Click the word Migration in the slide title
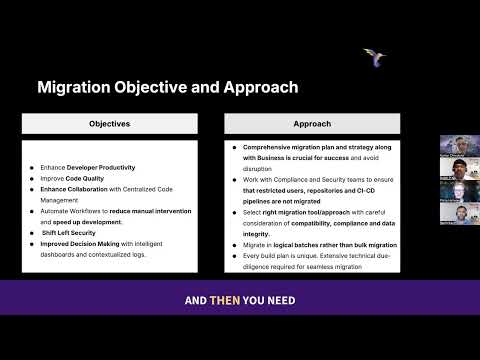[76, 87]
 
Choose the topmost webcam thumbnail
[457, 146]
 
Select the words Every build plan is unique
[283, 256]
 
